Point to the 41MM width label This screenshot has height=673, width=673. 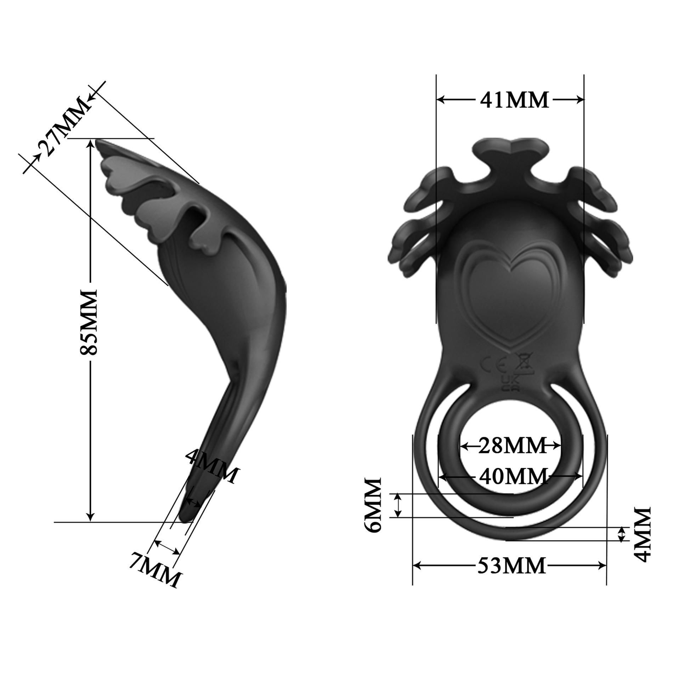[x=514, y=100]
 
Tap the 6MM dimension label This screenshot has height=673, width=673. [x=373, y=504]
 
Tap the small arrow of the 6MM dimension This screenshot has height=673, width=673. [x=399, y=506]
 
